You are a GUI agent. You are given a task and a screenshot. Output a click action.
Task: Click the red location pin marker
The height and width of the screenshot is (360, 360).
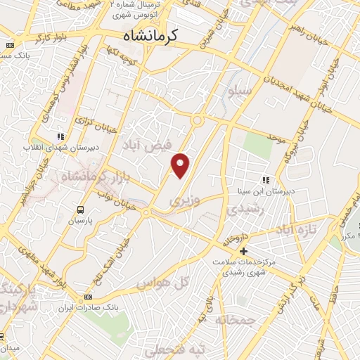point(181,165)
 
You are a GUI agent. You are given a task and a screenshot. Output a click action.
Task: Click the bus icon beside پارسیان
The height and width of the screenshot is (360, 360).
point(81,210)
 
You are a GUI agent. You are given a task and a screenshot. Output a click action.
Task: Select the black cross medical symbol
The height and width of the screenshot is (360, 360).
point(243,251)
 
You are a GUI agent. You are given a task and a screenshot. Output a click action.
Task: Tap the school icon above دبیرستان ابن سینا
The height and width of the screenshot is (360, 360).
point(266,179)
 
